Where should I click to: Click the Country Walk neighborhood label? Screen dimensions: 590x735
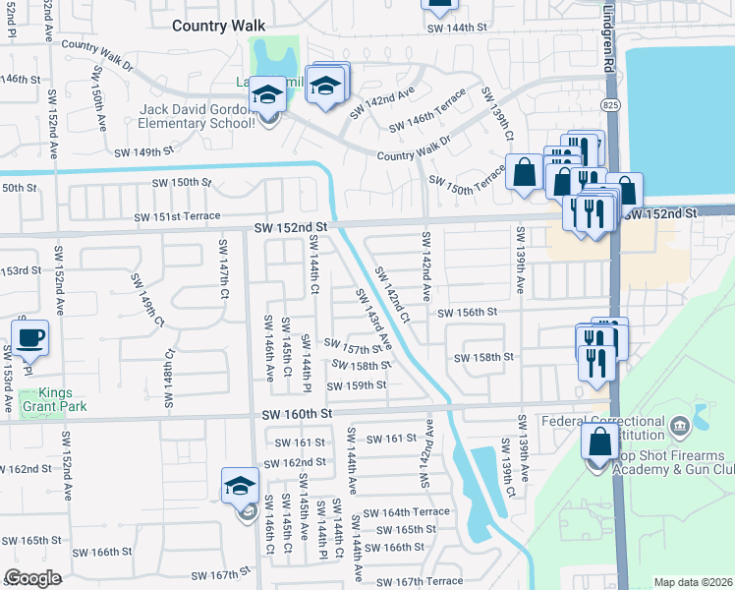tap(220, 27)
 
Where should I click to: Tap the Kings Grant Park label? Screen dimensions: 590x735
tap(56, 399)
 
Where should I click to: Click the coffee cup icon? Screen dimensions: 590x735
tap(29, 337)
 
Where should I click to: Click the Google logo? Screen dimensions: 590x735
tap(32, 578)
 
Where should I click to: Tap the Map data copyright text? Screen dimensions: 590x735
tap(693, 582)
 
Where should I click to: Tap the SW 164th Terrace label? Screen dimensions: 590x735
tap(406, 512)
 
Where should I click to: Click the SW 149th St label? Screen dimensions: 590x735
tap(143, 152)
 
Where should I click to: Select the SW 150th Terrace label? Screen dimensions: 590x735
tap(467, 182)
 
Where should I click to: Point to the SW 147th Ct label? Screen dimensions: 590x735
tap(224, 269)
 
